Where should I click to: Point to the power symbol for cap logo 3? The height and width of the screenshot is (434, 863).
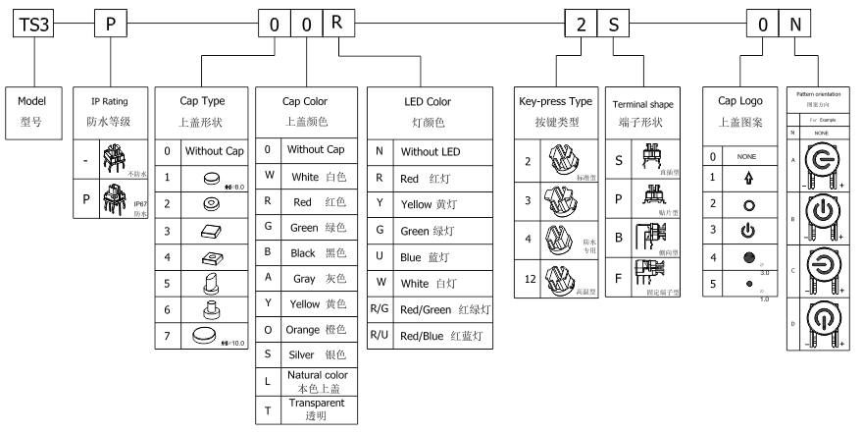[747, 232]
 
